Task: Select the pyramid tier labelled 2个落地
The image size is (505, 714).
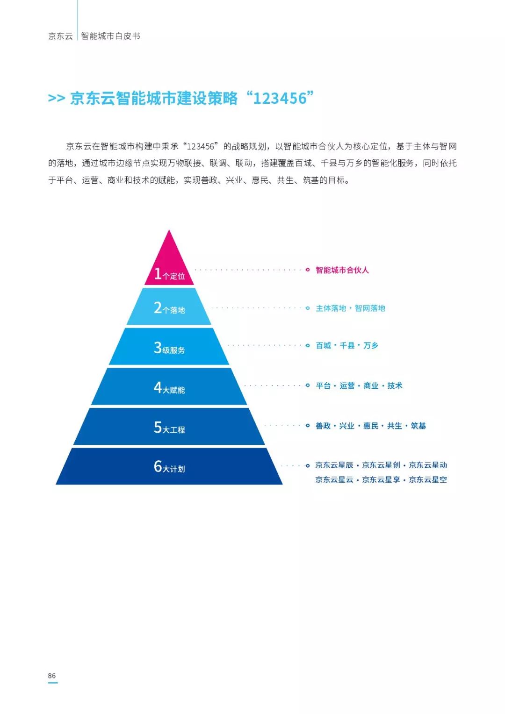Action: [x=169, y=307]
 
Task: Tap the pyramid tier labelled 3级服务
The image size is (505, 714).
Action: [x=169, y=347]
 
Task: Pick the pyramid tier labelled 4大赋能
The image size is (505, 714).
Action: [x=169, y=387]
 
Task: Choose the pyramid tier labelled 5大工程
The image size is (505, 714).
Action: [x=169, y=427]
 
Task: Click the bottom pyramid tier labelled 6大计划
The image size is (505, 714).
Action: [x=169, y=466]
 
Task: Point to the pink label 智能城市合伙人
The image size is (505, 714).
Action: [x=342, y=270]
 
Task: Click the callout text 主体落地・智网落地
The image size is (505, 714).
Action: [x=350, y=308]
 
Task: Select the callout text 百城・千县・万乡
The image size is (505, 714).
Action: [x=346, y=346]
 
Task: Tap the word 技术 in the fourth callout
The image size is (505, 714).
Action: [x=395, y=386]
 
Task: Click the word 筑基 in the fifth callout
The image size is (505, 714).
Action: [x=418, y=426]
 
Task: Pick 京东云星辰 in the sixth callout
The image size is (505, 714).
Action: [x=334, y=465]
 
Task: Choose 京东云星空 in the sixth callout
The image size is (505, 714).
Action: [x=428, y=480]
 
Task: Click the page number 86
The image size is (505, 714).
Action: [x=52, y=676]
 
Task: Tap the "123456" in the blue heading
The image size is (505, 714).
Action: [x=280, y=99]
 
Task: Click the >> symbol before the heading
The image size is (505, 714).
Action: [x=56, y=99]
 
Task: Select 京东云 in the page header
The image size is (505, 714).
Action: [x=60, y=36]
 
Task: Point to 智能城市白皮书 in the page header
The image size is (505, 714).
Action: [x=110, y=36]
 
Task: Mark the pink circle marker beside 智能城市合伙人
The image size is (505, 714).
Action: [x=307, y=270]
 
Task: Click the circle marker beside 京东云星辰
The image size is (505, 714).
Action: [x=307, y=466]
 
